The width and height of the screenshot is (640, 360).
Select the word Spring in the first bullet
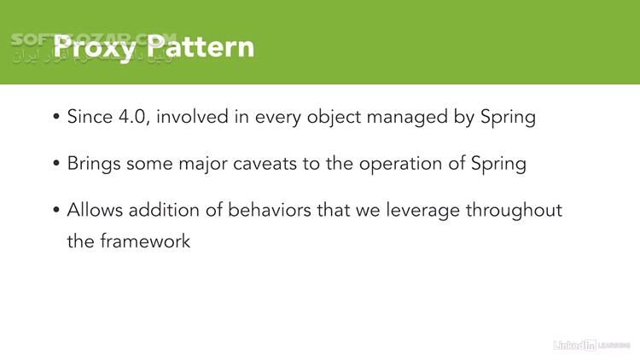click(x=507, y=118)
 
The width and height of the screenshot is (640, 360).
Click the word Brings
click(x=94, y=164)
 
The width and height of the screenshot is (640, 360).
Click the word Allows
click(x=93, y=210)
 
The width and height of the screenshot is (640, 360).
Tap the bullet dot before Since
click(x=56, y=118)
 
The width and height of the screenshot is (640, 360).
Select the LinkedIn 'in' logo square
click(x=587, y=345)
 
